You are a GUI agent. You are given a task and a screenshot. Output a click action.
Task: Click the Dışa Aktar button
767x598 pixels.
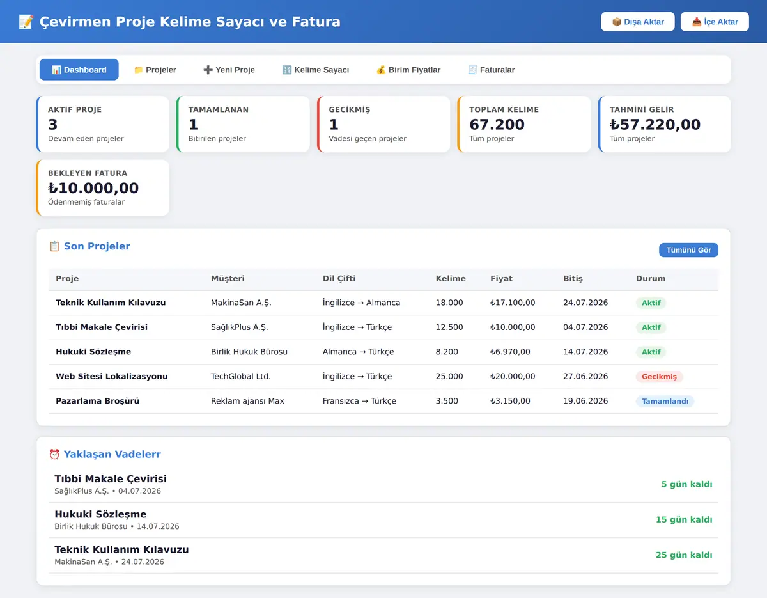(x=637, y=22)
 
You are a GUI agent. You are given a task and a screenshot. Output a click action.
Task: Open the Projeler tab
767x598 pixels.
(x=155, y=70)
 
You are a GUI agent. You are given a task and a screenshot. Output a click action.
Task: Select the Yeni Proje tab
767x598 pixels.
(x=229, y=70)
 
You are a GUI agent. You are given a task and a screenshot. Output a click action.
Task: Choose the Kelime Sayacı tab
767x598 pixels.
(x=316, y=70)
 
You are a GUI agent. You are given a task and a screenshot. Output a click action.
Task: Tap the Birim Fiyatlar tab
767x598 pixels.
(x=408, y=70)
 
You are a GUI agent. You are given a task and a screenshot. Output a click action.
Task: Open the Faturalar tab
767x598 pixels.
(x=492, y=70)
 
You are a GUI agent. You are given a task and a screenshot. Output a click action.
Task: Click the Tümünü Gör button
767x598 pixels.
(x=688, y=250)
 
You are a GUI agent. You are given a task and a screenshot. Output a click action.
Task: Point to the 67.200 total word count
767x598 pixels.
(x=497, y=124)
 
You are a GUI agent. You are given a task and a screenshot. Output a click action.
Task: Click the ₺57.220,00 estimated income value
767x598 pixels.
(x=655, y=124)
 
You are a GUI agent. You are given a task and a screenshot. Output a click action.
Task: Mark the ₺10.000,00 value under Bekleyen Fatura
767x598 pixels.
(x=93, y=188)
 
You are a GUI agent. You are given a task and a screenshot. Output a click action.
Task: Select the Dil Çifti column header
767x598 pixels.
(x=339, y=278)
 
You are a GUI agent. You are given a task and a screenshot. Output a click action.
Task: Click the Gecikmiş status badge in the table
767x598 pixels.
(x=659, y=377)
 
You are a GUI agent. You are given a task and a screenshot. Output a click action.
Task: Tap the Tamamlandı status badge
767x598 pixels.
(x=665, y=401)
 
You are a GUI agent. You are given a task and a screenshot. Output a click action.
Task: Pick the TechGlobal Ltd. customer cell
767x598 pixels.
(x=241, y=376)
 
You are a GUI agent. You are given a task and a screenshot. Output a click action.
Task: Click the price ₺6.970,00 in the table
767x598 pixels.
(x=510, y=352)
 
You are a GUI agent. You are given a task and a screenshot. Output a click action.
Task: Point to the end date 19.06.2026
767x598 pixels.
(x=585, y=401)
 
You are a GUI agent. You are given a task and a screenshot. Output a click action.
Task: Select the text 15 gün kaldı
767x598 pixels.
(x=684, y=519)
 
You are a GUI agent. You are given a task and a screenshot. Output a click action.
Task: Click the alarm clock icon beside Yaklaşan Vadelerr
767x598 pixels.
(x=54, y=454)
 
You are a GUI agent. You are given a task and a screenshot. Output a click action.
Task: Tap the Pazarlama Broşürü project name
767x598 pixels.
(x=97, y=401)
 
